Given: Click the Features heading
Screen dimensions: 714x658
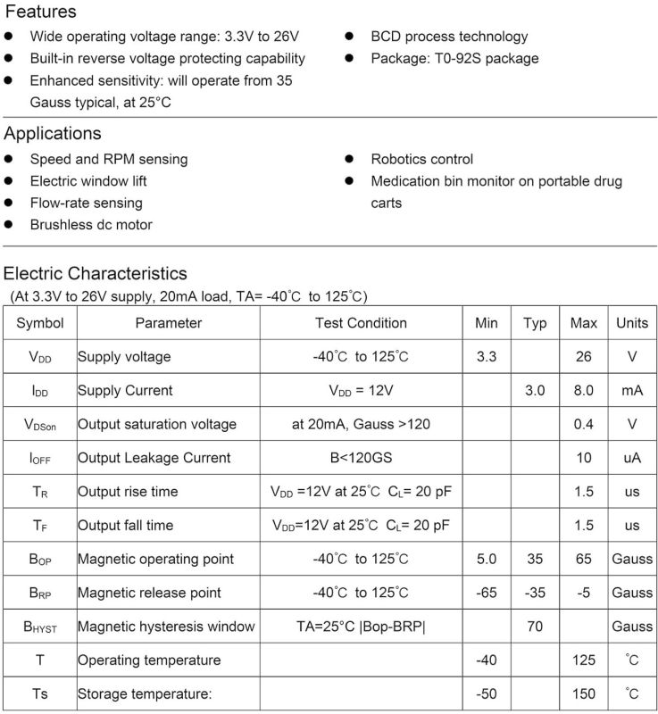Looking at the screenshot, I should (x=40, y=12).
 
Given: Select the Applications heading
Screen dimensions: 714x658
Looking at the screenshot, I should (x=53, y=134).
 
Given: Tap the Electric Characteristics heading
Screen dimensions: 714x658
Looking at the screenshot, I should (x=96, y=273).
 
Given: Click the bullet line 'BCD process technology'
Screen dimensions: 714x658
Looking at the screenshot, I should (x=449, y=37).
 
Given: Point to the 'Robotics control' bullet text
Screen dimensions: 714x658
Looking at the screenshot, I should (x=421, y=159).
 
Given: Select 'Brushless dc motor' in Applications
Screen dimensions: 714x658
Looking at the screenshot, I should (x=91, y=225).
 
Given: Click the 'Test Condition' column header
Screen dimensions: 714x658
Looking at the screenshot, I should (x=361, y=323).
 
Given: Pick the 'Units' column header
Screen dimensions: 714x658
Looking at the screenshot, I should (x=632, y=323).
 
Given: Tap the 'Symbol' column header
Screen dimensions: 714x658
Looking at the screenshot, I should (x=40, y=323).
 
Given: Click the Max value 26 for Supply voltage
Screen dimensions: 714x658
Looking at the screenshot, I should (x=584, y=357).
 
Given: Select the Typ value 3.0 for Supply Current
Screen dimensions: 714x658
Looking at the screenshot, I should (x=535, y=391).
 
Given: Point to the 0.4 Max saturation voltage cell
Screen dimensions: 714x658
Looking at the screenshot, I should (x=584, y=424).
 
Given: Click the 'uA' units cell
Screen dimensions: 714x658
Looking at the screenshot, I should (x=632, y=458).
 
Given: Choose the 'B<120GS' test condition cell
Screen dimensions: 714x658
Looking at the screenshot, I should (x=361, y=458).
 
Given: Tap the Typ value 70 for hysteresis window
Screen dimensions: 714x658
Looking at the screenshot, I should (x=535, y=627).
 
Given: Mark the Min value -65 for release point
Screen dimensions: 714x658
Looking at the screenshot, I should (x=487, y=593).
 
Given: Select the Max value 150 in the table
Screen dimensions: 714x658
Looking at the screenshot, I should (x=584, y=693).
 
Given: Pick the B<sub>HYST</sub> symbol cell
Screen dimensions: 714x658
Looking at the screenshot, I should (x=40, y=627).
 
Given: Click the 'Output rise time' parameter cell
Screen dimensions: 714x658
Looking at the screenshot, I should (x=128, y=492).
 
